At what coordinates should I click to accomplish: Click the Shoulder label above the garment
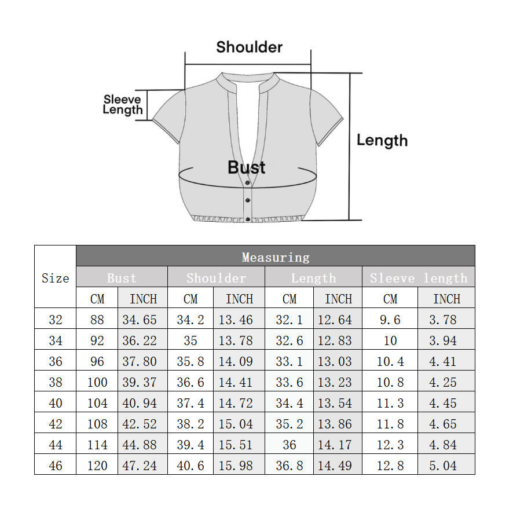point(250,47)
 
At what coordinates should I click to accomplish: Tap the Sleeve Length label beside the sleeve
point(123,105)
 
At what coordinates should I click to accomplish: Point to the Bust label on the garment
point(246,167)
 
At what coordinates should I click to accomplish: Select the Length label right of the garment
point(382,141)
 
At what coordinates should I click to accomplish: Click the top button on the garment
point(248,182)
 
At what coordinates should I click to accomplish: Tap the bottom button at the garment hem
point(248,219)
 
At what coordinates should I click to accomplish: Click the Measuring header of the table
point(276,258)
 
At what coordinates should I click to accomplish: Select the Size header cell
point(55,278)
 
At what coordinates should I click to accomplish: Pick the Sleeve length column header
point(419,278)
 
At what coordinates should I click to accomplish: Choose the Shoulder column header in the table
point(216,278)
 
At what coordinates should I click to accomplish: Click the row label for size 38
point(55,382)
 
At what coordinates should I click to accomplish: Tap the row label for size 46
point(55,466)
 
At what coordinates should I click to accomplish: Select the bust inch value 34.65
point(140,320)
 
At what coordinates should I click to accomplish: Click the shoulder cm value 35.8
point(190,361)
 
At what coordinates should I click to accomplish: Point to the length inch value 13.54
point(335,403)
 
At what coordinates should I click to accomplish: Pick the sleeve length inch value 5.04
point(443,466)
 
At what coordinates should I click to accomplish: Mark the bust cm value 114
point(97,445)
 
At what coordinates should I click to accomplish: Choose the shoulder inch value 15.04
point(236,424)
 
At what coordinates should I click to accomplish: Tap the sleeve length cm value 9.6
point(390,320)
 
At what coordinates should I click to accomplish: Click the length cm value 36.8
point(290,466)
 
